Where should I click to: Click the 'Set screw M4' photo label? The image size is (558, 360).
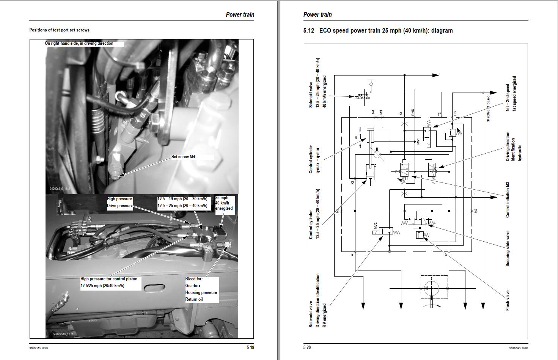(183, 157)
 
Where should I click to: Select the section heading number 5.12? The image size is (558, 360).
(308, 31)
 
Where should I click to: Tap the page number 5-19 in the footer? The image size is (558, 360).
(250, 347)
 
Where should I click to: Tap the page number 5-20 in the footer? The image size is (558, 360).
(307, 347)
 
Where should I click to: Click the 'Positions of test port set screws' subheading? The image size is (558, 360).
(59, 30)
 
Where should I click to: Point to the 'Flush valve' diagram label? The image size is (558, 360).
(508, 301)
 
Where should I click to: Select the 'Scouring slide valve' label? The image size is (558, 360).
(508, 248)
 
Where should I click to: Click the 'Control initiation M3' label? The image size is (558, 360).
(508, 200)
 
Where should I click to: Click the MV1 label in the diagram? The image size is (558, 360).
(418, 141)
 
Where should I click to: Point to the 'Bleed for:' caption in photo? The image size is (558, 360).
(194, 279)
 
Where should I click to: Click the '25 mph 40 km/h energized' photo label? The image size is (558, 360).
(224, 203)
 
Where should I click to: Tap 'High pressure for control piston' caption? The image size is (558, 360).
(109, 279)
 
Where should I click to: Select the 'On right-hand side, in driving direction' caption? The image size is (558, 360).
(79, 43)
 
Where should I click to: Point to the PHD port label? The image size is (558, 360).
(413, 112)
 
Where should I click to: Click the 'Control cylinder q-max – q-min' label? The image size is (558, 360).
(314, 159)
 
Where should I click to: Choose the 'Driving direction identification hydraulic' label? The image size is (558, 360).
(514, 147)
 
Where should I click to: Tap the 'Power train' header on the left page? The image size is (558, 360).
(240, 15)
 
